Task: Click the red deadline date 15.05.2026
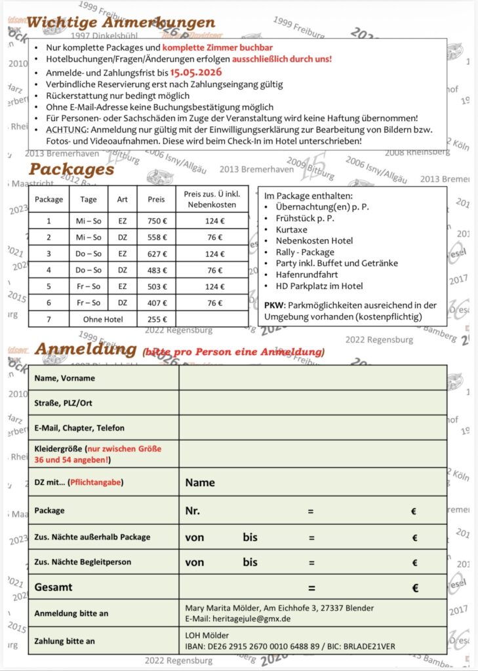pyautogui.click(x=192, y=72)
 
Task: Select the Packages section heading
pyautogui.click(x=71, y=169)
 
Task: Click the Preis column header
pyautogui.click(x=156, y=199)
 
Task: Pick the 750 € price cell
pyautogui.click(x=156, y=221)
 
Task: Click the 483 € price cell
pyautogui.click(x=156, y=270)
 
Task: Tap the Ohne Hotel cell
pyautogui.click(x=102, y=319)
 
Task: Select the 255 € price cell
pyautogui.click(x=156, y=319)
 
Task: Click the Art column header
pyautogui.click(x=123, y=199)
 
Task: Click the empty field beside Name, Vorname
pyautogui.click(x=312, y=378)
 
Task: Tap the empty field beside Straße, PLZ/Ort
pyautogui.click(x=312, y=403)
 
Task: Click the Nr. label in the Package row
pyautogui.click(x=192, y=511)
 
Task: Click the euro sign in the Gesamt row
pyautogui.click(x=415, y=588)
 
